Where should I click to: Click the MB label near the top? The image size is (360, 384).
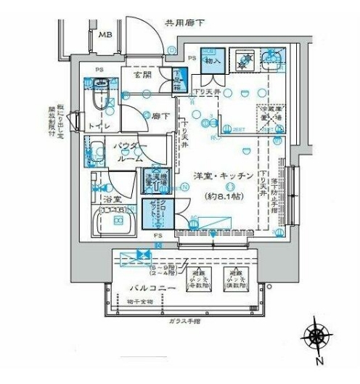105,34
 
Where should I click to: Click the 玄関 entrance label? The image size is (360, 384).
142,74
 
